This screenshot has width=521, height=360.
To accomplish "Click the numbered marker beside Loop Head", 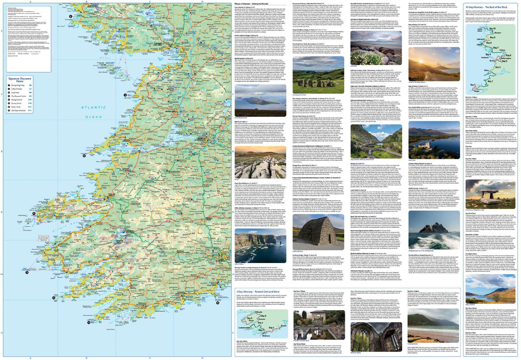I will point(84,156).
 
